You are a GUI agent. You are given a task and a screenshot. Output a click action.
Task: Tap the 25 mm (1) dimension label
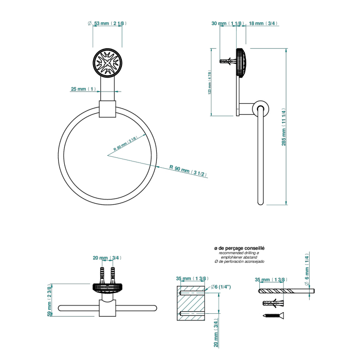click(83, 89)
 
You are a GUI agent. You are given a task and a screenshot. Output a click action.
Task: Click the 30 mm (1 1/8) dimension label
click(226, 23)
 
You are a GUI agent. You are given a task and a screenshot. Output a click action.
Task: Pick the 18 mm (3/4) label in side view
click(263, 23)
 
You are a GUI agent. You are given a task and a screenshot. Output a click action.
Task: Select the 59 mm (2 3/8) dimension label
click(49, 301)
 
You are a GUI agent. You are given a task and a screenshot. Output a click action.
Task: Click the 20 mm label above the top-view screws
click(107, 258)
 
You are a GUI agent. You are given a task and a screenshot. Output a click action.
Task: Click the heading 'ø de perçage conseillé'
click(239, 248)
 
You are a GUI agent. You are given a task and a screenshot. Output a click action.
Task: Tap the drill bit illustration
click(285, 291)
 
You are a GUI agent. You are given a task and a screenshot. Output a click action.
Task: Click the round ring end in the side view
click(260, 109)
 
